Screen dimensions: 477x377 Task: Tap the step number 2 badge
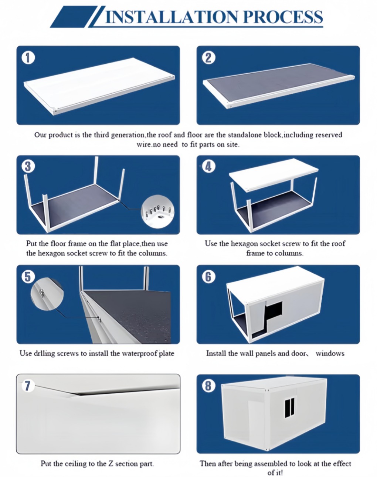[208, 58]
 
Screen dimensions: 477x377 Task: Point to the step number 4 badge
[208, 167]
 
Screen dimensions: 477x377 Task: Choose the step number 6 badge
[208, 277]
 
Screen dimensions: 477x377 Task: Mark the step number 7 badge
[27, 386]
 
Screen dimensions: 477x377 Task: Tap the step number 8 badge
[208, 386]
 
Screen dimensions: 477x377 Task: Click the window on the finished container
[290, 406]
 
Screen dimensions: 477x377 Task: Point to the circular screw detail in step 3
[157, 212]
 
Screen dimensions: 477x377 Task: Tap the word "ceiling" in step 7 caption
[77, 463]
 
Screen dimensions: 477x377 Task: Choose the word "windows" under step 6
[330, 353]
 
